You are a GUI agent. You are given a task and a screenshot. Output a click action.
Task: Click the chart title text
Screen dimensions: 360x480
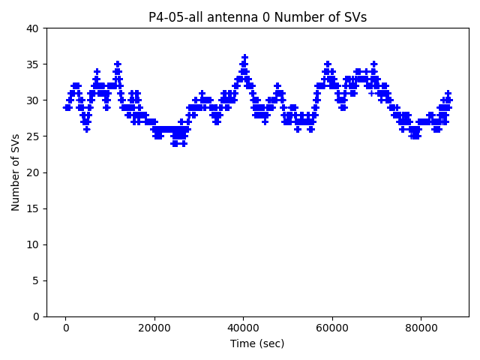tap(257, 17)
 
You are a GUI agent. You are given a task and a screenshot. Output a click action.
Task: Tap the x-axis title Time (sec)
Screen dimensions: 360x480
tap(257, 343)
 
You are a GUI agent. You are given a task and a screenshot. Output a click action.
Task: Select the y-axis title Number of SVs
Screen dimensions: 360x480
tap(16, 172)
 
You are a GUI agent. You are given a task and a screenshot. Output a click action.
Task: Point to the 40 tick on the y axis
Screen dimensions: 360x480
tap(33, 28)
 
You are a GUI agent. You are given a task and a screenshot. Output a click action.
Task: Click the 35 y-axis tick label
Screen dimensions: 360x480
tap(33, 64)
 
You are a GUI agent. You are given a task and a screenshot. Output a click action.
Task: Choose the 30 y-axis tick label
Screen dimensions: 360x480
tap(33, 100)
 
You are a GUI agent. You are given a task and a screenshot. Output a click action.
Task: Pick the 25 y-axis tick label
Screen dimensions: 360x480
tap(33, 136)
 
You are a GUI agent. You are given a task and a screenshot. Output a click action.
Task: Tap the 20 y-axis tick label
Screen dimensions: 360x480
tap(33, 172)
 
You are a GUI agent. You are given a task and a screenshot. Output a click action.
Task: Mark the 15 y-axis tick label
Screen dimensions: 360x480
tap(33, 208)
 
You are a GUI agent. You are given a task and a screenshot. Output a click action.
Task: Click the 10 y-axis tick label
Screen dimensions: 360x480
tap(33, 244)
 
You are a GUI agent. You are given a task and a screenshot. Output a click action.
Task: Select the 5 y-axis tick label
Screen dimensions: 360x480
tap(36, 280)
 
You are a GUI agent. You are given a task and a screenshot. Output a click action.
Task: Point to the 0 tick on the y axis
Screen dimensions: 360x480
tap(36, 316)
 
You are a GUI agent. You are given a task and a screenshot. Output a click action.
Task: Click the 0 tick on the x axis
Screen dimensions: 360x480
tap(66, 328)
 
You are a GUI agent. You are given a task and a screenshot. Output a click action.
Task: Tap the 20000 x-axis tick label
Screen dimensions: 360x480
tap(154, 328)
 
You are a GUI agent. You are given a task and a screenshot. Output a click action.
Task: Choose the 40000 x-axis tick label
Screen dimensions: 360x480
tap(243, 328)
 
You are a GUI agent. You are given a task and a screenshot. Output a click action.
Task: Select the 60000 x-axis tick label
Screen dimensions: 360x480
tap(332, 328)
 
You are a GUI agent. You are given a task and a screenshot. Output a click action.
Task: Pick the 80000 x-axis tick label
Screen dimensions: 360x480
tap(421, 328)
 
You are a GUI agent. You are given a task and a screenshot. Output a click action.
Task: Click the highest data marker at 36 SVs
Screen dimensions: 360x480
tap(244, 57)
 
